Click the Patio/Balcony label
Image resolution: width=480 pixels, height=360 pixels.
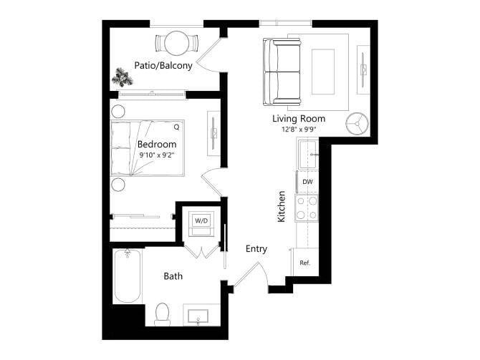click(163, 66)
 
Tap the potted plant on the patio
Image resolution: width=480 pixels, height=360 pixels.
click(120, 75)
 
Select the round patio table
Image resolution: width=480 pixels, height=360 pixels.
click(176, 44)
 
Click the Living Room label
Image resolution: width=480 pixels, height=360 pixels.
click(299, 118)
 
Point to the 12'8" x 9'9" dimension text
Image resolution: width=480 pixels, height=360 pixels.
click(299, 129)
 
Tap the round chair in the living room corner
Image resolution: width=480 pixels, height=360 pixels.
click(357, 122)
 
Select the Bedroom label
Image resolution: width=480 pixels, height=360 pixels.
click(156, 144)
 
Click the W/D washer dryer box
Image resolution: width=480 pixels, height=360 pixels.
click(201, 220)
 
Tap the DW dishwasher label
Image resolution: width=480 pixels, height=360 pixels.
click(307, 182)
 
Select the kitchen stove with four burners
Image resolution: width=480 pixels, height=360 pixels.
click(307, 208)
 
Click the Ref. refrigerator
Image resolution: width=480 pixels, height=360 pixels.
click(304, 263)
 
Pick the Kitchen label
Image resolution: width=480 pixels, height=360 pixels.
click(282, 206)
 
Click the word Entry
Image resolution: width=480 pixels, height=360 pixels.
click(256, 249)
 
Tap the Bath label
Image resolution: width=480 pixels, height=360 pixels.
click(173, 276)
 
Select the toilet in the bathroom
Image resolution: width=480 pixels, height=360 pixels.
click(162, 313)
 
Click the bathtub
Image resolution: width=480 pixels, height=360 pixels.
click(127, 276)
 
